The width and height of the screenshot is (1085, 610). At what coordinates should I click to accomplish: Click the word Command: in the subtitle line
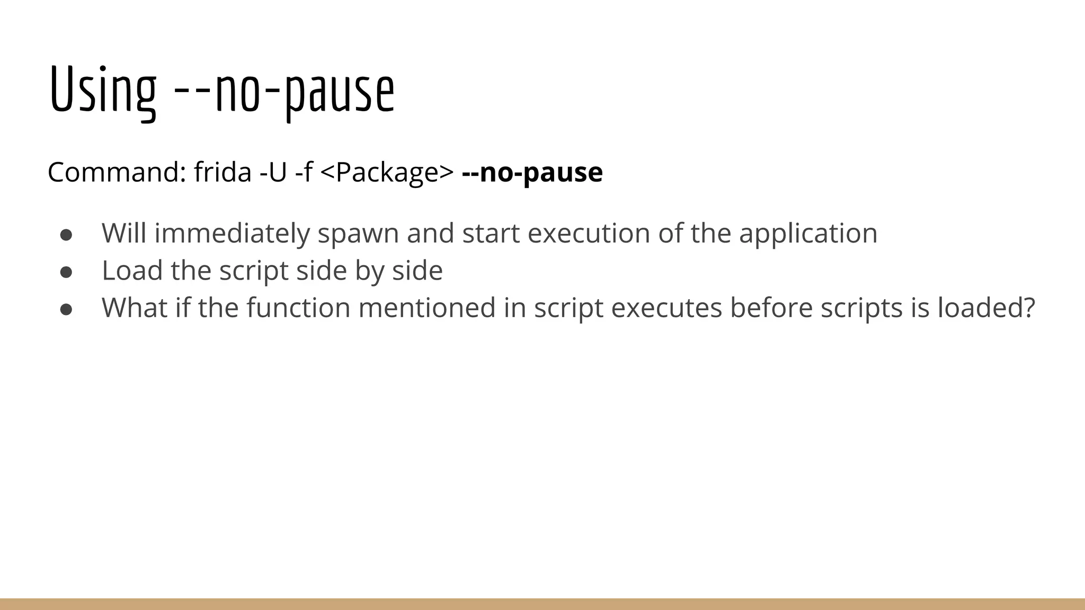tap(117, 172)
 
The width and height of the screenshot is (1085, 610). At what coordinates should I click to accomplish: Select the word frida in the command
tap(223, 172)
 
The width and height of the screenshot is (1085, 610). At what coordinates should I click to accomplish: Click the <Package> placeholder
tap(387, 172)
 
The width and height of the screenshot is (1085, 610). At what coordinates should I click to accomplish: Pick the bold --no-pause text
tap(532, 172)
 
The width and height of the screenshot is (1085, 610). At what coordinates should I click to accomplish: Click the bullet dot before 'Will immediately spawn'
tap(66, 234)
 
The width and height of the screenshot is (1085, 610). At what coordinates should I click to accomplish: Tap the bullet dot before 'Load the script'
tap(66, 271)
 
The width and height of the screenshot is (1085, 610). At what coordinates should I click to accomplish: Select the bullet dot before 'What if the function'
tap(66, 309)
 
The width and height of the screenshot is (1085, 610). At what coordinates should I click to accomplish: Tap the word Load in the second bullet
tap(132, 270)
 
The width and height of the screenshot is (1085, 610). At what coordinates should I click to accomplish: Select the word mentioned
tap(427, 308)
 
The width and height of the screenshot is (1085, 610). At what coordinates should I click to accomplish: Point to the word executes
tap(666, 308)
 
